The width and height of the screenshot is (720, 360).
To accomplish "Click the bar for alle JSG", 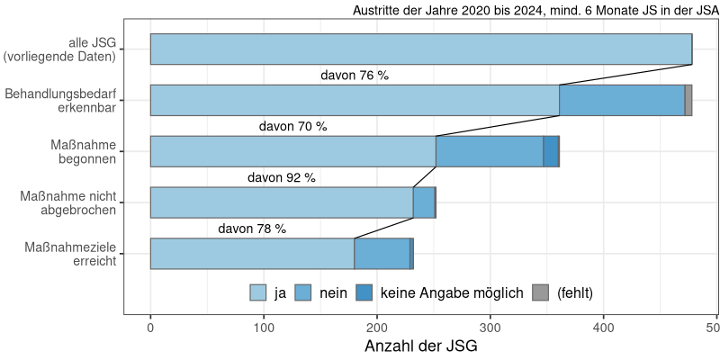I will (420, 49).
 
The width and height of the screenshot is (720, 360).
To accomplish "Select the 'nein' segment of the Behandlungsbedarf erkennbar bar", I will (622, 100).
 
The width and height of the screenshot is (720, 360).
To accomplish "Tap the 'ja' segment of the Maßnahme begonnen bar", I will (292, 151).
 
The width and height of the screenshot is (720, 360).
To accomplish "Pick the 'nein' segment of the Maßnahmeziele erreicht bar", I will (382, 254).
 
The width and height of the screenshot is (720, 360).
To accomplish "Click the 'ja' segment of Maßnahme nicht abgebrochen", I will (281, 202).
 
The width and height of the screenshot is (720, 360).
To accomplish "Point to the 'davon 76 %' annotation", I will (355, 76).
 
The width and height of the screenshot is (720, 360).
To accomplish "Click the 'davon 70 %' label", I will (292, 127).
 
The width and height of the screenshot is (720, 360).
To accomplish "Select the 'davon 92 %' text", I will (281, 178).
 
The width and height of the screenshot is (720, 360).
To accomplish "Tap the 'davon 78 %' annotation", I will (252, 229).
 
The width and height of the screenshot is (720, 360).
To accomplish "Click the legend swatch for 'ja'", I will (258, 292).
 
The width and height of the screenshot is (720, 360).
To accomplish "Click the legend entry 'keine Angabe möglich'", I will (452, 292).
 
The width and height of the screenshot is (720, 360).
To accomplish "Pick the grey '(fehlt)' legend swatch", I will (540, 292).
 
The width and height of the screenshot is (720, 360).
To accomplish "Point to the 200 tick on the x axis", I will (377, 328).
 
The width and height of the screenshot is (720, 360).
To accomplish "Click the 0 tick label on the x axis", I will (150, 328).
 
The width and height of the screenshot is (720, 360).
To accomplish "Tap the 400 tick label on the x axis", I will (603, 328).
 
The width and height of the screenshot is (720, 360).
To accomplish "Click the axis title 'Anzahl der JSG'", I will (420, 346).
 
